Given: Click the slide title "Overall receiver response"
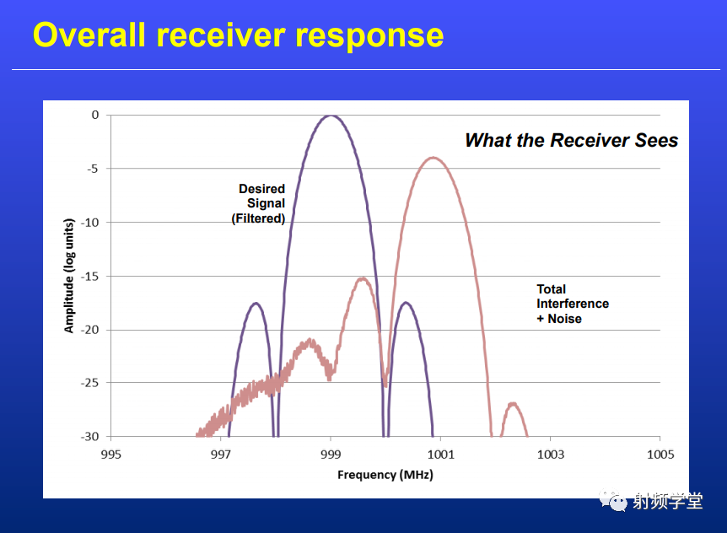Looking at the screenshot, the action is pyautogui.click(x=239, y=35).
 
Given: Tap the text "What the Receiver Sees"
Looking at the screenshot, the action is pyautogui.click(x=571, y=140).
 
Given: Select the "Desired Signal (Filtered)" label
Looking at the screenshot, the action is pyautogui.click(x=259, y=203).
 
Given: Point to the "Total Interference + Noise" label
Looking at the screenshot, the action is pyautogui.click(x=573, y=304).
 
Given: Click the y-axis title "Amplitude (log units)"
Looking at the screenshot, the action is pyautogui.click(x=68, y=275).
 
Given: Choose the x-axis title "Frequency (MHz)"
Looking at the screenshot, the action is pyautogui.click(x=385, y=475).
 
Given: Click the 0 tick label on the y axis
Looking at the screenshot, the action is pyautogui.click(x=95, y=115).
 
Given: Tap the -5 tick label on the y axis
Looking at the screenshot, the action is pyautogui.click(x=93, y=169).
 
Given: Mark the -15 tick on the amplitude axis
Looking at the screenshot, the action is pyautogui.click(x=90, y=277).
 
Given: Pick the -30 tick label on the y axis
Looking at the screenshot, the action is pyautogui.click(x=90, y=437).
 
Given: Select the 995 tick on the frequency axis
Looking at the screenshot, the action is pyautogui.click(x=110, y=455).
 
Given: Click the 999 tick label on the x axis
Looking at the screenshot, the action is pyautogui.click(x=331, y=455).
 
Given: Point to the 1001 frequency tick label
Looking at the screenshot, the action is pyautogui.click(x=440, y=455).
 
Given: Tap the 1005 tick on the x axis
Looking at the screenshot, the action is pyautogui.click(x=660, y=455).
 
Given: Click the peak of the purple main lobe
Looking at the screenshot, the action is pyautogui.click(x=331, y=116).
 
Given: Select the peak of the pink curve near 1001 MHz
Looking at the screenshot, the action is pyautogui.click(x=433, y=158).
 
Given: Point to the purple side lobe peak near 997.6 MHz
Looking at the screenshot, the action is pyautogui.click(x=256, y=303).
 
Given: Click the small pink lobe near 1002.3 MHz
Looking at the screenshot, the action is pyautogui.click(x=513, y=404).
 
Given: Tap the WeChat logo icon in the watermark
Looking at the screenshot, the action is pyautogui.click(x=612, y=501).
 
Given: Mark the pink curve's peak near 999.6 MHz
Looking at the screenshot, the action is pyautogui.click(x=362, y=278).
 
